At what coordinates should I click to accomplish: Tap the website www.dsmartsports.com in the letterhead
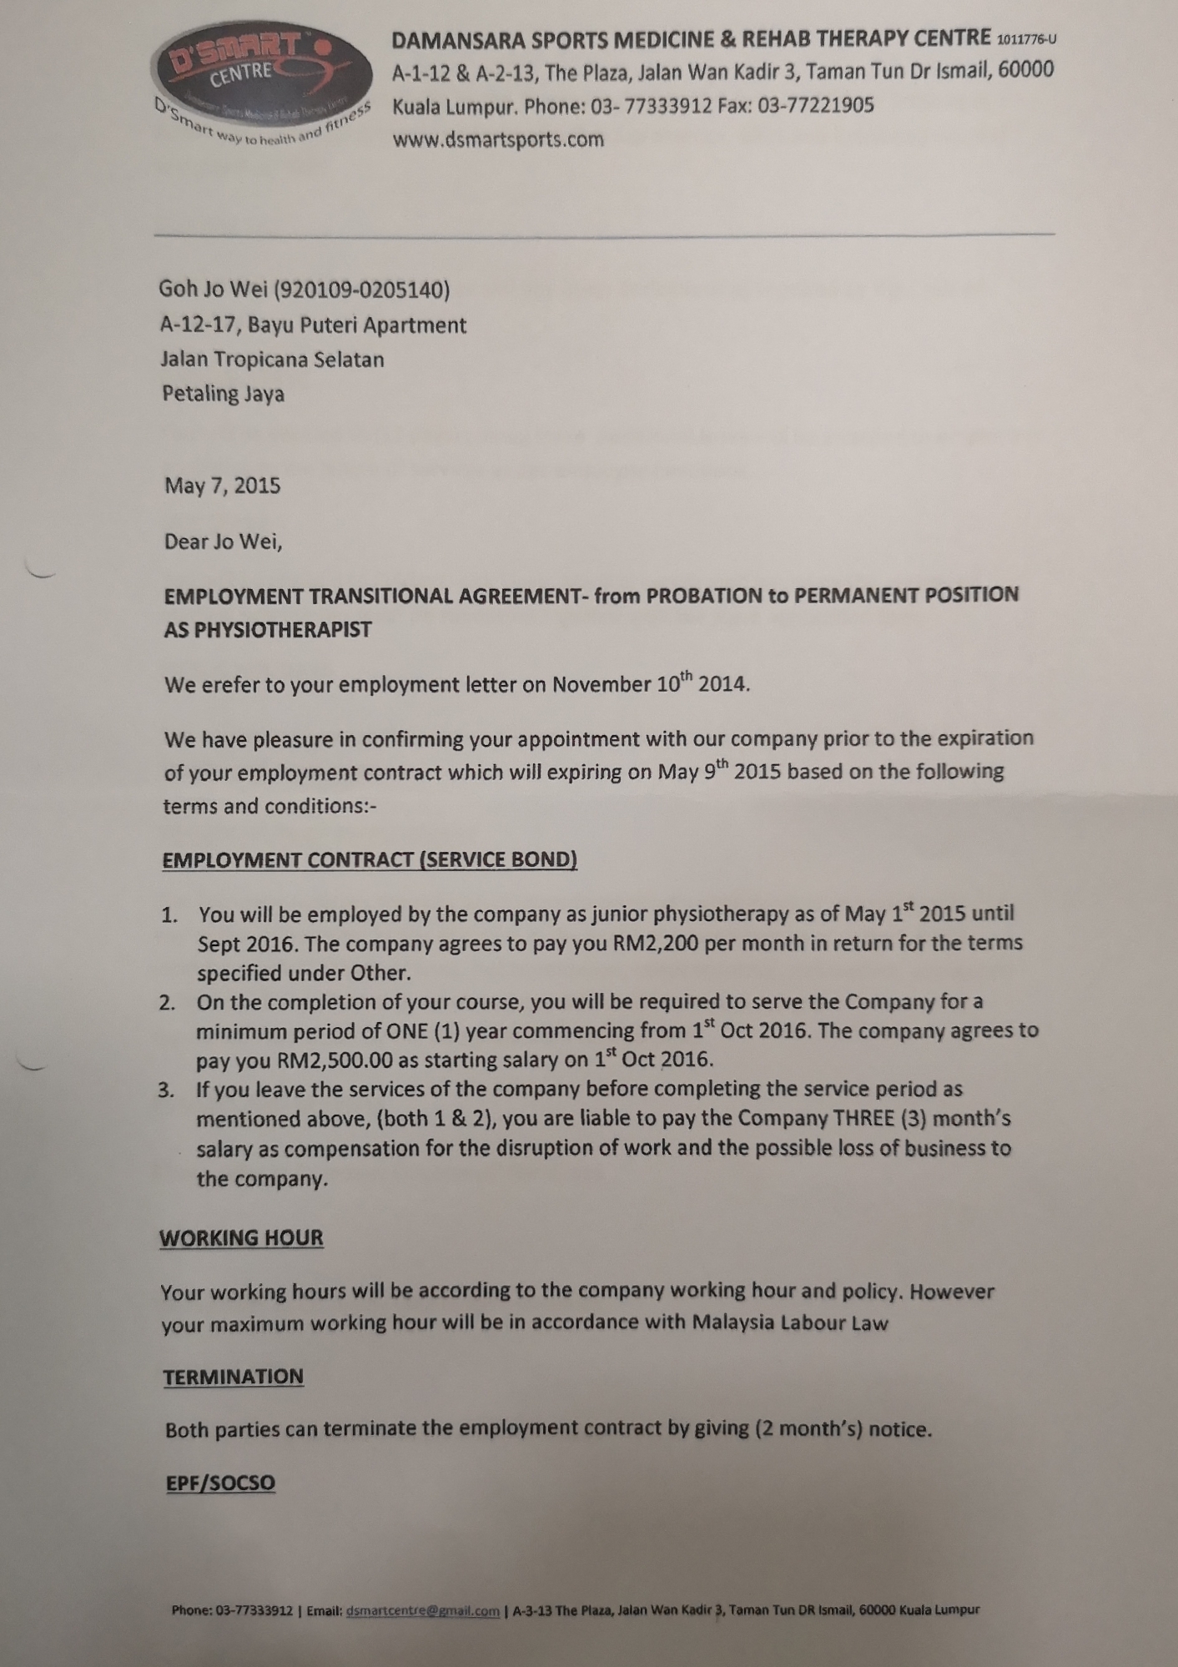point(498,139)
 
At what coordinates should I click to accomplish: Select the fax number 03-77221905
point(815,105)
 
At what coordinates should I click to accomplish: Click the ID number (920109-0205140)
point(362,290)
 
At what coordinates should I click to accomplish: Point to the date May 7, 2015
point(222,486)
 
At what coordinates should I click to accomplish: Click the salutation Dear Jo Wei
point(223,541)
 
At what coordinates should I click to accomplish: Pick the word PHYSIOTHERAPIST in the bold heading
point(268,630)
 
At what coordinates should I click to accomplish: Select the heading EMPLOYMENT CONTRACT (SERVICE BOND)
point(370,860)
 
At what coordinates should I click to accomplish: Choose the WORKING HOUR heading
point(241,1237)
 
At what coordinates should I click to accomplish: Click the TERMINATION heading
point(234,1377)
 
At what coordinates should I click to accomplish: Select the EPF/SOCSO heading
point(220,1483)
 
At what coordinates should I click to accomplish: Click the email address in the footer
point(422,1611)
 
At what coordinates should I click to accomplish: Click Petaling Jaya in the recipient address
point(223,394)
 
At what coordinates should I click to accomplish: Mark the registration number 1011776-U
point(1027,39)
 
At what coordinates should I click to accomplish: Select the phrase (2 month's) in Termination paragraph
point(808,1428)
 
